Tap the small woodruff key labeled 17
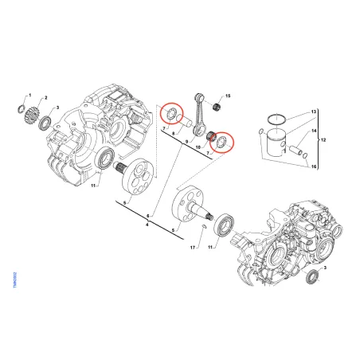pyautogui.click(x=206, y=229)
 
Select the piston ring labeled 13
pyautogui.click(x=275, y=122)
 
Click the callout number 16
pyautogui.click(x=314, y=166)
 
